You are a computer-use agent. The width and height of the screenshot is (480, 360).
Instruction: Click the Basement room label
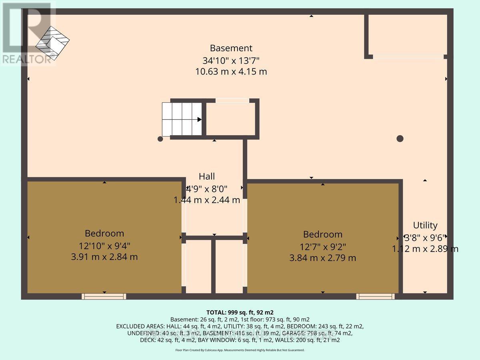click(x=231, y=48)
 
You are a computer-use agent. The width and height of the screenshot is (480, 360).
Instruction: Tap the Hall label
click(x=207, y=176)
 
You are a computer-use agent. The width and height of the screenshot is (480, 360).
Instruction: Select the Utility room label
click(x=425, y=225)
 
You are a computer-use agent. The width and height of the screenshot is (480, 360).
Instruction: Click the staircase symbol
click(x=182, y=119)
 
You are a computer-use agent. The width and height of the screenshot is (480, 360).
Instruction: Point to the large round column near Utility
click(x=400, y=139)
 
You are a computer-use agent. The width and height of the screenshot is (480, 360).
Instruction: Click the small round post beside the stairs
click(x=160, y=139)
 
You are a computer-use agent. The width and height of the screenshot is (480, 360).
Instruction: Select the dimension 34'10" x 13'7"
click(x=231, y=60)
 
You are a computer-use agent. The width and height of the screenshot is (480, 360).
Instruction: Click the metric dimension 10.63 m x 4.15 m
click(x=231, y=72)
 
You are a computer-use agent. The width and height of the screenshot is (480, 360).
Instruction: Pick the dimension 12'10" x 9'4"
click(x=104, y=245)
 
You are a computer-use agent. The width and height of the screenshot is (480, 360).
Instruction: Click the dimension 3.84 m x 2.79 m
click(x=322, y=258)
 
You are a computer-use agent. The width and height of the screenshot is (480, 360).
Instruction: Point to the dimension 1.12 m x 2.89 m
click(x=425, y=249)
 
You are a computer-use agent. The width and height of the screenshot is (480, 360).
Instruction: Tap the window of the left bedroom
click(x=104, y=296)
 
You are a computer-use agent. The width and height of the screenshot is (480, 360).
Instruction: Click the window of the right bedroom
click(x=376, y=296)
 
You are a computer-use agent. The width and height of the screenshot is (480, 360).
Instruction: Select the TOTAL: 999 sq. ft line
click(x=240, y=312)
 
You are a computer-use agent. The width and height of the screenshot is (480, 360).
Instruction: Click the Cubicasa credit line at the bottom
click(x=240, y=350)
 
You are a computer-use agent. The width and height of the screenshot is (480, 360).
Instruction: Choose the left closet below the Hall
click(x=199, y=266)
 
